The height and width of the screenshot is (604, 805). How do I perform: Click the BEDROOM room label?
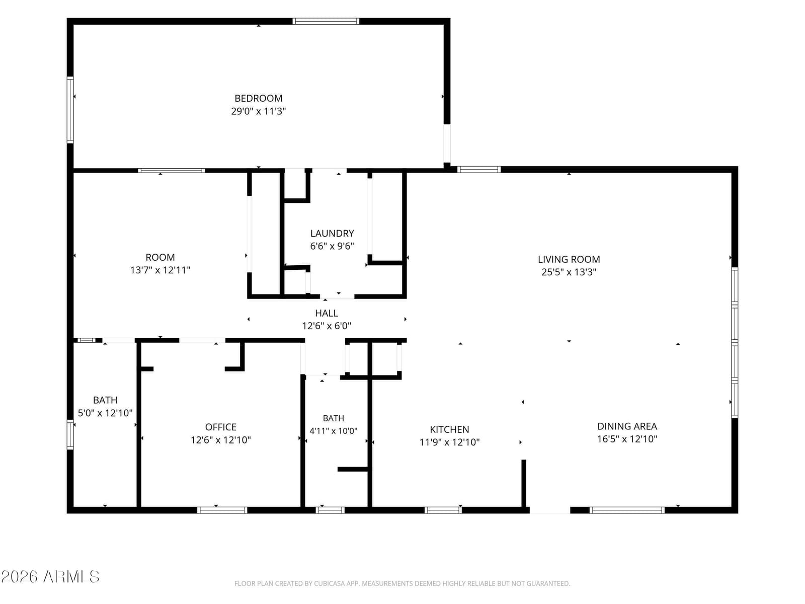click(258, 98)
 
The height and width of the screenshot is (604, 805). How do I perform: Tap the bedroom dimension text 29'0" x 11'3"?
click(258, 111)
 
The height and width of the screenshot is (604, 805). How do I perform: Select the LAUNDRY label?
click(332, 233)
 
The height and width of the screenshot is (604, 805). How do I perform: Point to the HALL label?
click(327, 313)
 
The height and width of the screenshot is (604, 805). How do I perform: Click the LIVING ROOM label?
click(569, 259)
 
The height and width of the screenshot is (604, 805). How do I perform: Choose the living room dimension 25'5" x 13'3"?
click(569, 272)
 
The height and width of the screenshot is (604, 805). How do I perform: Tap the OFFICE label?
click(221, 427)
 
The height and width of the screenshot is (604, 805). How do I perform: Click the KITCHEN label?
click(449, 429)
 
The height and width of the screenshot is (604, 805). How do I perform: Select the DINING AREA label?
click(627, 426)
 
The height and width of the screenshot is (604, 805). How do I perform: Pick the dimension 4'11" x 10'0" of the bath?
click(334, 431)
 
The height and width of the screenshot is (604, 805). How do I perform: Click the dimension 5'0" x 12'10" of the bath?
click(105, 413)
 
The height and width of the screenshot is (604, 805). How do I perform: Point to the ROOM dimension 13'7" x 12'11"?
click(160, 270)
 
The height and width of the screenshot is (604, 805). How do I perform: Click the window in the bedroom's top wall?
click(326, 21)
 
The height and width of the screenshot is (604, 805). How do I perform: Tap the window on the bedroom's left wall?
click(70, 110)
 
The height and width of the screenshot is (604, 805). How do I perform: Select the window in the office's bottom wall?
click(222, 510)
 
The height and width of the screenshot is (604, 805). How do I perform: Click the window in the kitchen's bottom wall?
click(443, 510)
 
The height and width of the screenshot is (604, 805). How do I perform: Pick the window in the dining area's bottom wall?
click(627, 510)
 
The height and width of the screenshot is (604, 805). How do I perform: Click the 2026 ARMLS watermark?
click(50, 577)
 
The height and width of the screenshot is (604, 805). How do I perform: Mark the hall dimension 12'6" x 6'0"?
click(327, 326)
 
